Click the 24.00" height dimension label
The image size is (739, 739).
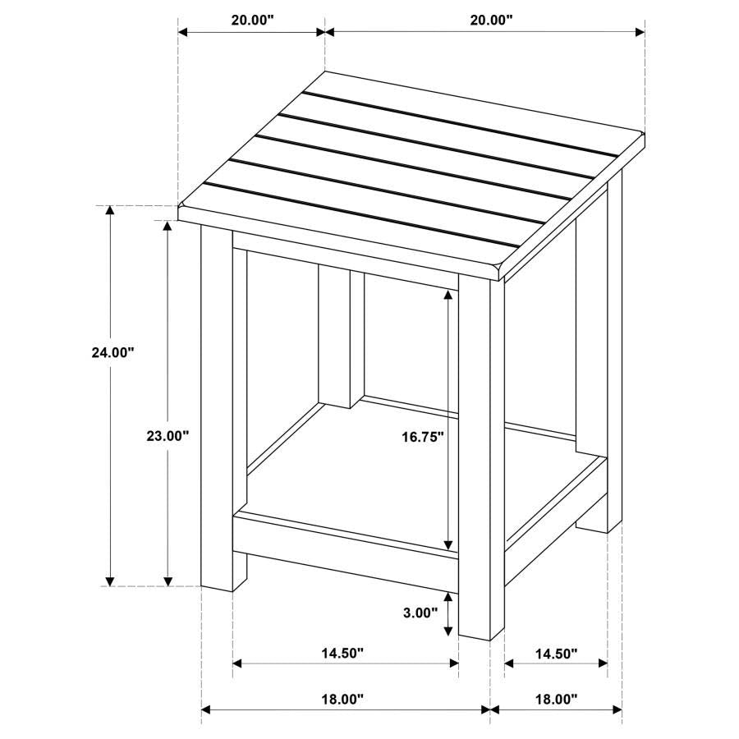pos(112,352)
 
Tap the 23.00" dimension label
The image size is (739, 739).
pos(168,436)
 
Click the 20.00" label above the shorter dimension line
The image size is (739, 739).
pos(252,21)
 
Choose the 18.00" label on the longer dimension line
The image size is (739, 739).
pos(342,700)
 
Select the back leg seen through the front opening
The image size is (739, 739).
pos(333,337)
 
